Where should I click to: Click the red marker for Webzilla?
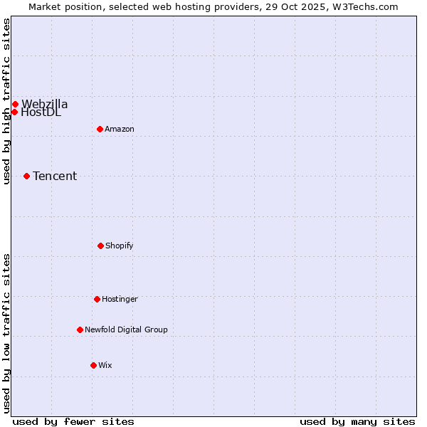(x=15, y=104)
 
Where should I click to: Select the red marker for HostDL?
(x=14, y=112)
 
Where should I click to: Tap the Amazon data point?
(x=100, y=129)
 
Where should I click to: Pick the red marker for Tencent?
(x=26, y=176)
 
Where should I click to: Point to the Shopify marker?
(x=100, y=246)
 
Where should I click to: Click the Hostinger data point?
(x=97, y=299)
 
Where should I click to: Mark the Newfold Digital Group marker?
(x=80, y=330)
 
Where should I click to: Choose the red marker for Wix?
(x=93, y=365)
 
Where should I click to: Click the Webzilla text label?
(x=44, y=104)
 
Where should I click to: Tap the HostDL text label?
(x=41, y=112)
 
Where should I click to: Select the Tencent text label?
(x=55, y=176)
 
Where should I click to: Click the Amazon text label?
(x=120, y=129)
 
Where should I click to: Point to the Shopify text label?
(x=120, y=246)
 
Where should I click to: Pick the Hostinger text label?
(x=120, y=299)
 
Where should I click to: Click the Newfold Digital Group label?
(x=127, y=330)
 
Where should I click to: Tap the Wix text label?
(x=105, y=365)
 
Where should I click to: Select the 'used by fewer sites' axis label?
(x=73, y=421)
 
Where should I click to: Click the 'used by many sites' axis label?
(x=357, y=421)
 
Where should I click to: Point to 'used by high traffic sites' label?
(x=6, y=101)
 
